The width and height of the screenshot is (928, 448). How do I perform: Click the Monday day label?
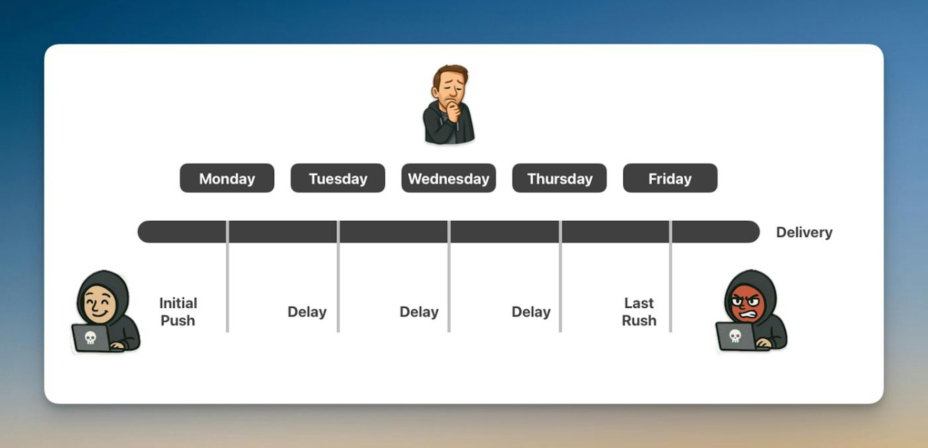coord(227,178)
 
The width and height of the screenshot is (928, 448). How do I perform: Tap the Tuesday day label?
coord(338,178)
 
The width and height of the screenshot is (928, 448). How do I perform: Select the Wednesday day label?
coord(449,178)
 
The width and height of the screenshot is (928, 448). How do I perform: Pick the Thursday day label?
coord(559,178)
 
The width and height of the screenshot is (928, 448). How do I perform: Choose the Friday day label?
coord(670,178)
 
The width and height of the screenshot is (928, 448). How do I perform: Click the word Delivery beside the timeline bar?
coord(804,232)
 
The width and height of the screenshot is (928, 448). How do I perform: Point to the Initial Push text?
coord(178,311)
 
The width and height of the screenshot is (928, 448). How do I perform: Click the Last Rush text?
coord(639,311)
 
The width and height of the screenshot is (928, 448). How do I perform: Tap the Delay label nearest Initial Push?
coord(307,311)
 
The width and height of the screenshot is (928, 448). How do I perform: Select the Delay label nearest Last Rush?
coord(531,311)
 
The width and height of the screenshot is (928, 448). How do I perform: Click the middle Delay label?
coord(419,311)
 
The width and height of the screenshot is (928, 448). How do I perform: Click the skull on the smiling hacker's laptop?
coord(90,337)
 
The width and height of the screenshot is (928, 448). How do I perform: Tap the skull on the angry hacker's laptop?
coord(735,336)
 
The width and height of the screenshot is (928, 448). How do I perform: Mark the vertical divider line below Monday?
coord(227,276)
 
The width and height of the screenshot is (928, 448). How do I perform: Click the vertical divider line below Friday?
coord(670,276)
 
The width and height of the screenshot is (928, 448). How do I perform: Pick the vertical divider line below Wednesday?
coord(449,276)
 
